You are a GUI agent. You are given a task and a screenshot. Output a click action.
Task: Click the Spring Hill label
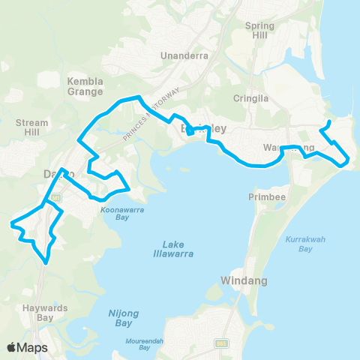click(x=259, y=30)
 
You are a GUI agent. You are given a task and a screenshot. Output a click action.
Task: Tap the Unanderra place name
click(x=183, y=55)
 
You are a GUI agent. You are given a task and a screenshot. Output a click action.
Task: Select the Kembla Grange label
click(x=85, y=86)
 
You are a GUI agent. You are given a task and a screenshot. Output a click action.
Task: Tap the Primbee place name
click(x=263, y=196)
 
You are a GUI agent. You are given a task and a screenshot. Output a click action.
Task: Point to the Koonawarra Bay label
click(x=124, y=215)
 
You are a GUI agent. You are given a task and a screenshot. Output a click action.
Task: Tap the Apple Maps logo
click(x=28, y=347)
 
